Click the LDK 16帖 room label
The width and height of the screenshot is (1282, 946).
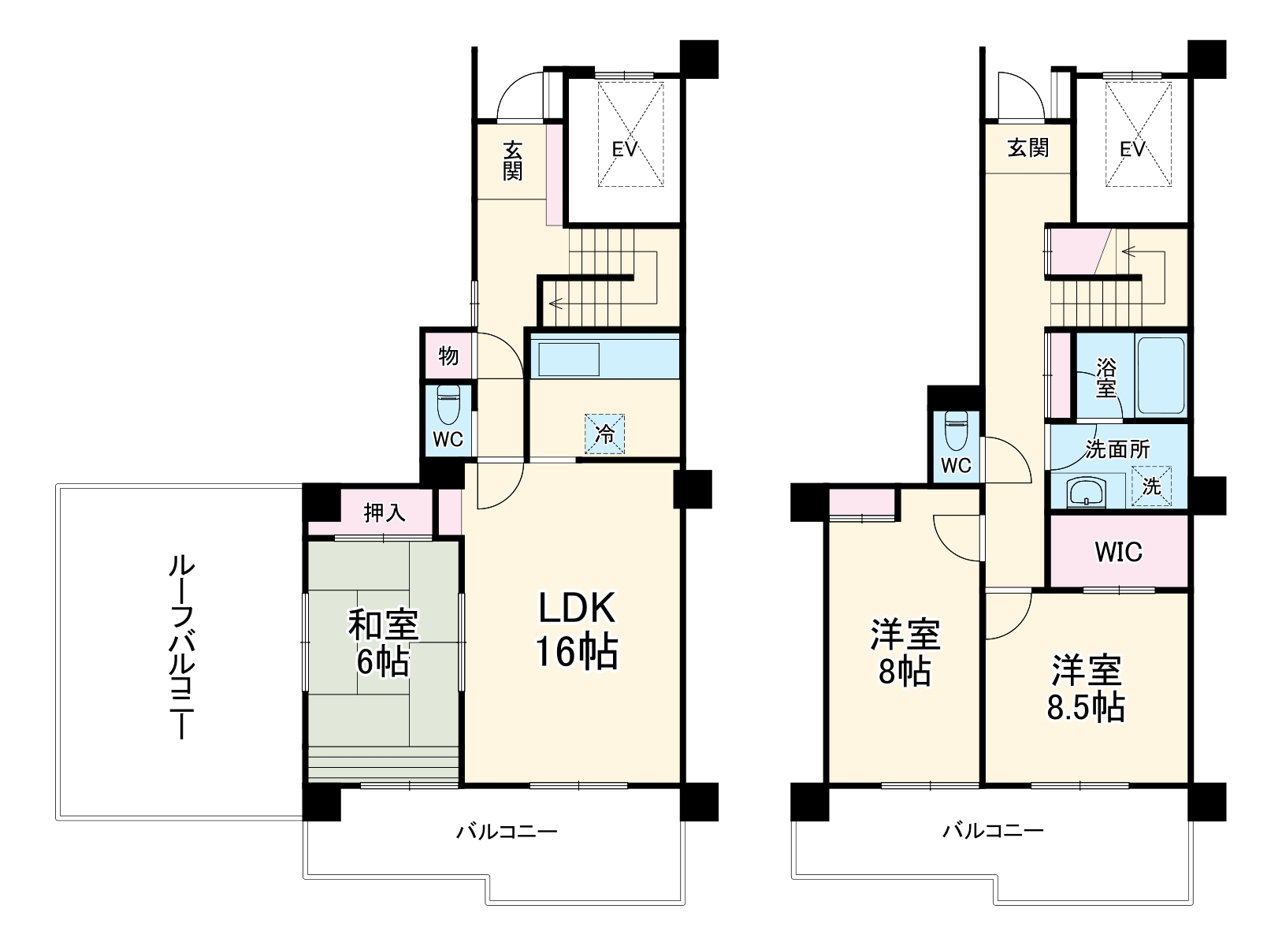pyautogui.click(x=576, y=630)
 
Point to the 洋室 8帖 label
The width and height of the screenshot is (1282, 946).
pyautogui.click(x=905, y=653)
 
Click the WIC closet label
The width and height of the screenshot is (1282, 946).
pyautogui.click(x=1117, y=552)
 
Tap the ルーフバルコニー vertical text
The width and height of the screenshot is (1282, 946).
pyautogui.click(x=179, y=646)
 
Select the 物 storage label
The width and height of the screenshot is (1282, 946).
pyautogui.click(x=448, y=356)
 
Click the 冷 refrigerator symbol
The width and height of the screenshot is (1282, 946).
pyautogui.click(x=604, y=434)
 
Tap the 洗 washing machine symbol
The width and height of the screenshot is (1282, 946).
pyautogui.click(x=1151, y=486)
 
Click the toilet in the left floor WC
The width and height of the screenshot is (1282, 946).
pyautogui.click(x=448, y=408)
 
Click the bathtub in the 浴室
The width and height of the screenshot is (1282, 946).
pyautogui.click(x=1160, y=375)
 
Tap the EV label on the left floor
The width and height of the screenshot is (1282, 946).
pyautogui.click(x=624, y=149)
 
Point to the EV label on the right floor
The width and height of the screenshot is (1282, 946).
pyautogui.click(x=1132, y=149)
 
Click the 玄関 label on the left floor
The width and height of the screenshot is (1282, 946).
pyautogui.click(x=513, y=160)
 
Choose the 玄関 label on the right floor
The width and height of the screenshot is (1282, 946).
pyautogui.click(x=1028, y=148)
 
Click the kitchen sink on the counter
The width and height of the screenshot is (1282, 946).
pyautogui.click(x=567, y=359)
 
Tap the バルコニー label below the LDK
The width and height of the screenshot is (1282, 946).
pyautogui.click(x=507, y=832)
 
